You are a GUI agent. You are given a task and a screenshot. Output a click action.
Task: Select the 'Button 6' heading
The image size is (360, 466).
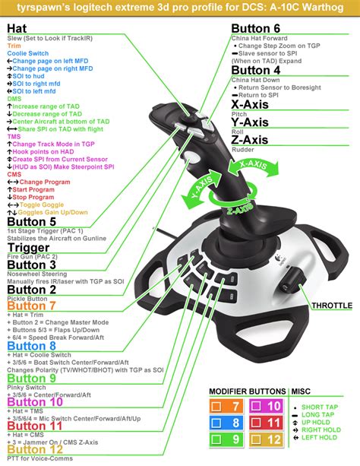pos(261,29)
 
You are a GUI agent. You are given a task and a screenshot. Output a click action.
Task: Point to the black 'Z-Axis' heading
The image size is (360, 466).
pos(250,139)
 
